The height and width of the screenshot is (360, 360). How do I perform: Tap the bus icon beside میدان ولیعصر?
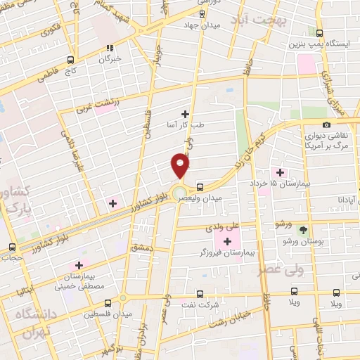(x=201, y=187)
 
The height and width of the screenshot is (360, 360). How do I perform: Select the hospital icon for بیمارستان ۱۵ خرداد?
(x=281, y=172)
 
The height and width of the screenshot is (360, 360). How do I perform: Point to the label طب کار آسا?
(x=186, y=124)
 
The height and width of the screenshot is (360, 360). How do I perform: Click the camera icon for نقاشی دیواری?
(x=326, y=124)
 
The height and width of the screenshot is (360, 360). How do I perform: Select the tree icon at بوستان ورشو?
(x=303, y=230)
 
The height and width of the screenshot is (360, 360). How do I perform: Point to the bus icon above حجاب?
(x=12, y=247)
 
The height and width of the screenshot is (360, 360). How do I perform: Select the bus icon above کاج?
(x=70, y=60)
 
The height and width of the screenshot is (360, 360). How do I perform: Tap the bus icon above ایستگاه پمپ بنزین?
(x=319, y=33)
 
